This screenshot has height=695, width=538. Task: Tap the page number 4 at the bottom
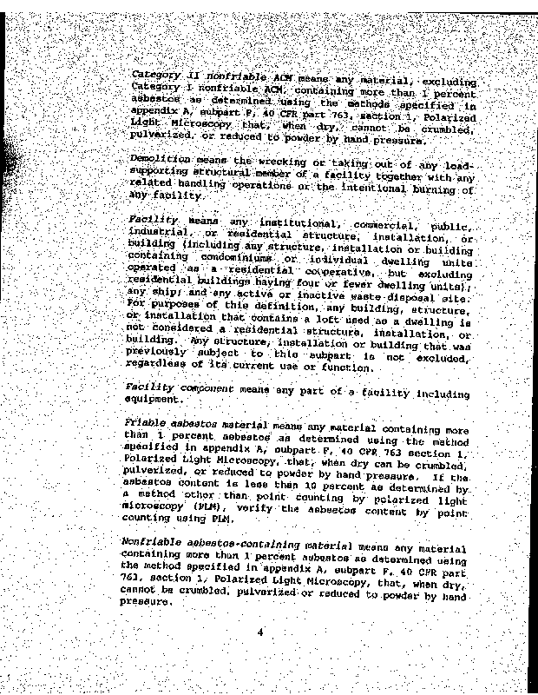(259, 632)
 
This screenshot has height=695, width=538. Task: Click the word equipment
(155, 400)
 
